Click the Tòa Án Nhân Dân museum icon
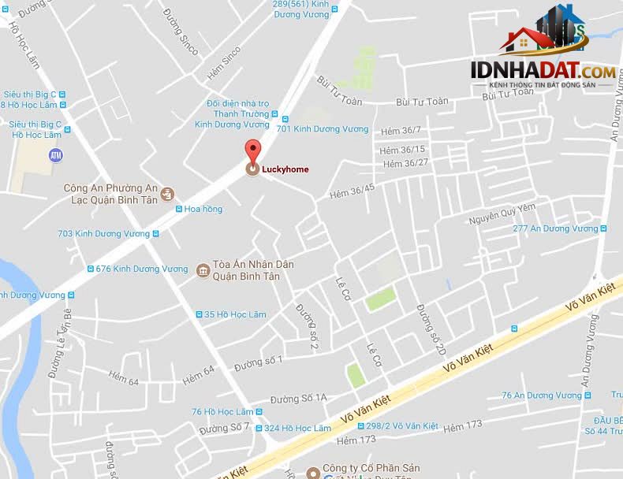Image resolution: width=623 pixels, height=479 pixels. click(x=203, y=271)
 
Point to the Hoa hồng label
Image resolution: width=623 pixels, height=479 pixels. click(x=203, y=209)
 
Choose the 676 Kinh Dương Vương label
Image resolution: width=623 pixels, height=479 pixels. click(x=142, y=269)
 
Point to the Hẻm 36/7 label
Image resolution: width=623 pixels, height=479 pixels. click(x=401, y=130)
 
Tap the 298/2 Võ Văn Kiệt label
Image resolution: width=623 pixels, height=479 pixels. click(x=403, y=425)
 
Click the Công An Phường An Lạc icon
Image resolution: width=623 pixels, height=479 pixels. click(x=167, y=194)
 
